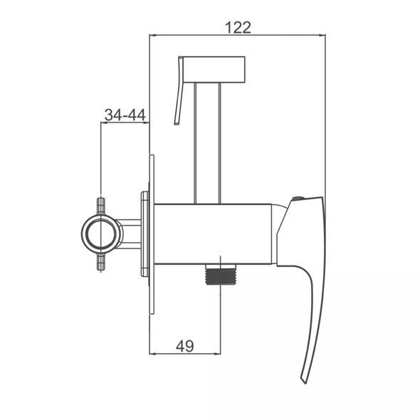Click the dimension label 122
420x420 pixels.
[x=238, y=27]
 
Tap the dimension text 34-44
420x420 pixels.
[x=125, y=115]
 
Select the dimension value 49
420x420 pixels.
[x=185, y=346]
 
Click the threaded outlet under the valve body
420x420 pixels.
[x=220, y=274]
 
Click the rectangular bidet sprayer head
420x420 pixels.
[x=214, y=69]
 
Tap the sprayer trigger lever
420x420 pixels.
[x=179, y=90]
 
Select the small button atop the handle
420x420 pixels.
[x=298, y=199]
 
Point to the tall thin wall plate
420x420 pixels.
[x=152, y=234]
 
